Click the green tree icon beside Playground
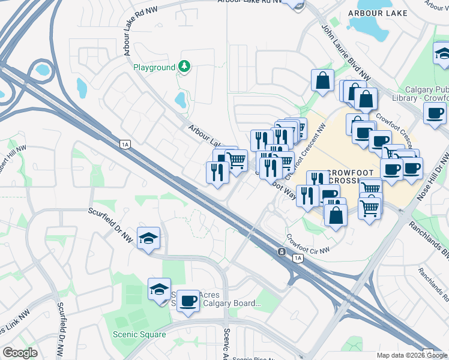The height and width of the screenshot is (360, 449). pyautogui.click(x=184, y=67)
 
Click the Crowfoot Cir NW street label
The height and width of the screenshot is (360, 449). pyautogui.click(x=308, y=243)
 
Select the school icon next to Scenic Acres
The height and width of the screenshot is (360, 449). pyautogui.click(x=159, y=289)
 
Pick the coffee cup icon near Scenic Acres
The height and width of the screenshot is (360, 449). pyautogui.click(x=188, y=301)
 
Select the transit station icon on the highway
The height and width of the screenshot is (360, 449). pyautogui.click(x=281, y=252)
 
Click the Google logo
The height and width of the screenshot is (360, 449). pyautogui.click(x=20, y=353)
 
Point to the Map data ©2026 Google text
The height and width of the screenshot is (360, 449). pyautogui.click(x=411, y=355)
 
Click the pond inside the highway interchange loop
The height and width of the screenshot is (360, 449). pyautogui.click(x=43, y=70)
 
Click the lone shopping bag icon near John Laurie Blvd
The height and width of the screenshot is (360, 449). pyautogui.click(x=322, y=80)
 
